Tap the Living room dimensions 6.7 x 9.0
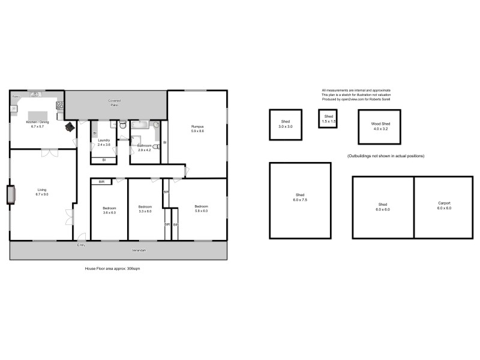(41, 194)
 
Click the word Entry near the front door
(81, 245)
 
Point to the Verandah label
(139, 250)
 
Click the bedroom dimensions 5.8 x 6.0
(201, 211)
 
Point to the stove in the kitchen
(60, 105)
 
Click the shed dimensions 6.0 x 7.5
(300, 199)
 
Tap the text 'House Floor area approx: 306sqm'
(113, 269)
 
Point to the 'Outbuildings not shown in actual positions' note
(386, 156)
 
